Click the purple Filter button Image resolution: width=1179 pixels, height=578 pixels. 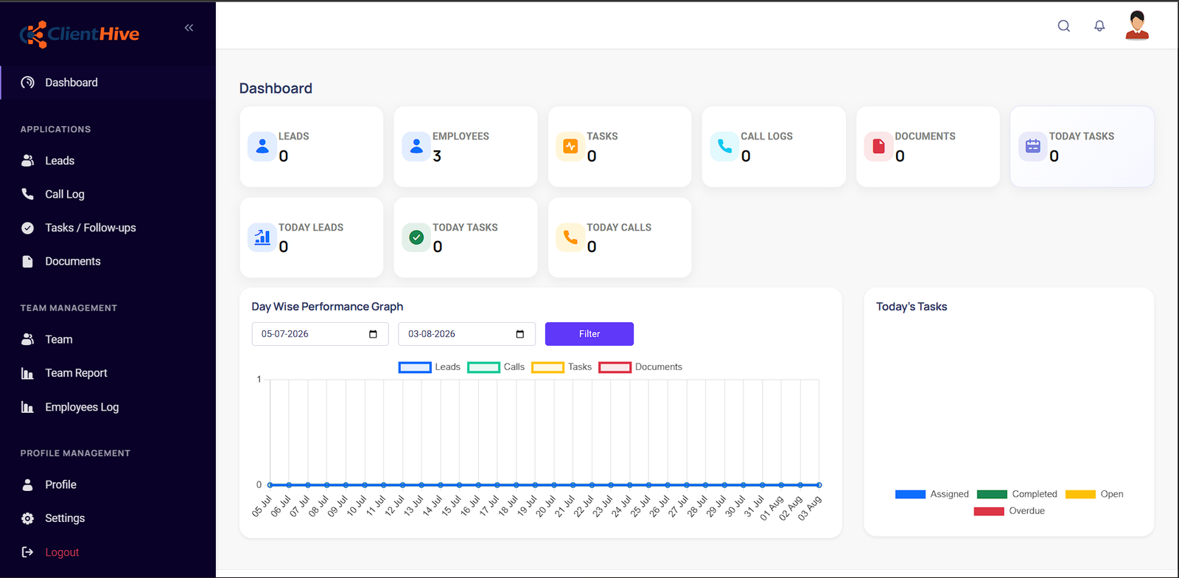click(589, 334)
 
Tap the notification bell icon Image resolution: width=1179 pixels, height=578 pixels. click(1099, 26)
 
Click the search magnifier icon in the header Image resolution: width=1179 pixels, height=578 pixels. click(1064, 26)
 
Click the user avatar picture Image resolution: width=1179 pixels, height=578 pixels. click(1137, 25)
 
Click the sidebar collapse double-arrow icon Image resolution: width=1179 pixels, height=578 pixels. click(189, 28)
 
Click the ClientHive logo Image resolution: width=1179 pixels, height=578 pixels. click(80, 34)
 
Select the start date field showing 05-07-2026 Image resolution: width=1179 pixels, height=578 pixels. click(320, 334)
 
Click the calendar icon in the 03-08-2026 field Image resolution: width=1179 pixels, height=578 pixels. click(520, 334)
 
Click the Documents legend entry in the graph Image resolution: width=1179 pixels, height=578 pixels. click(640, 367)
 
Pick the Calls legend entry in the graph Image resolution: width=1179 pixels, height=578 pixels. click(496, 367)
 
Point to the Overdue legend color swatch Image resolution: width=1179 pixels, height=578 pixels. click(988, 511)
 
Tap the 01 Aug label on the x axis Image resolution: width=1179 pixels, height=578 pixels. click(772, 509)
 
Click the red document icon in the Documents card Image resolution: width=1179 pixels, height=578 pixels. click(878, 146)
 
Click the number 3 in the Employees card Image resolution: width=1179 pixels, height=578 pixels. click(437, 156)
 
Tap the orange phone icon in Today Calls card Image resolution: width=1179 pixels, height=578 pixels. click(570, 237)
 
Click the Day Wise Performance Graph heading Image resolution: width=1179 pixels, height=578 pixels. click(327, 307)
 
